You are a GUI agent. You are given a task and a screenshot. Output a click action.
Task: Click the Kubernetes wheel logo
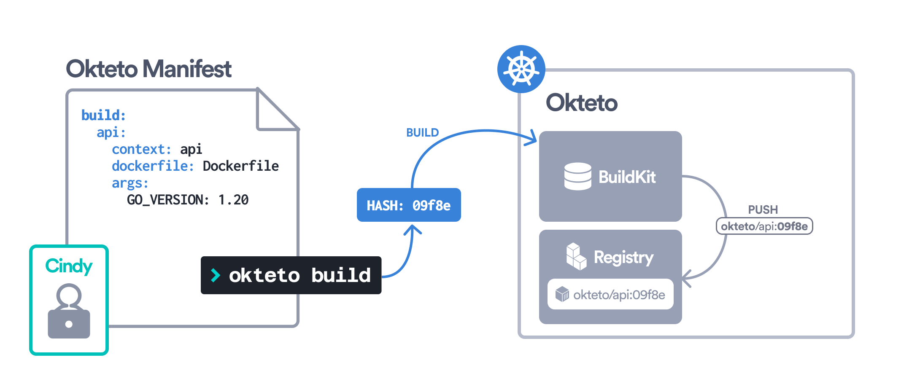tap(521, 69)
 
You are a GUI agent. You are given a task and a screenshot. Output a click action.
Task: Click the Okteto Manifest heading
tap(148, 69)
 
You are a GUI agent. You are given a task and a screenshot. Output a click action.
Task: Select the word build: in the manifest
tap(103, 115)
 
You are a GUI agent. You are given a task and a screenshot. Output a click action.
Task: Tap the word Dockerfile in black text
tap(240, 166)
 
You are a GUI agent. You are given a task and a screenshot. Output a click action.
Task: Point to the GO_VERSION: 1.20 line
tap(188, 200)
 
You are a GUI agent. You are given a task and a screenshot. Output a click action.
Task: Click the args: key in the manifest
tap(130, 183)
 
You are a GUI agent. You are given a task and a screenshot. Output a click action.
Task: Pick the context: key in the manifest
tap(141, 149)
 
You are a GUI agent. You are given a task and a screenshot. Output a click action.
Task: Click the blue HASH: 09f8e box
tap(408, 205)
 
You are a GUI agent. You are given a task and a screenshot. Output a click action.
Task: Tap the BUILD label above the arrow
tap(422, 133)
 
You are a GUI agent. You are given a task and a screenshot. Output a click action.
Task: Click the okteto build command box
tap(291, 275)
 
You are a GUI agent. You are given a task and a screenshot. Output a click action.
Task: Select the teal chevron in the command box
tap(216, 275)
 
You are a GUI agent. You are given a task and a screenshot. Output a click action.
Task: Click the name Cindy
tap(69, 266)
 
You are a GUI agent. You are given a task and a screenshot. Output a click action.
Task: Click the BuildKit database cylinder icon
tap(577, 177)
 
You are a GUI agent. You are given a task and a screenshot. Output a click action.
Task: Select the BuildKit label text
tap(627, 177)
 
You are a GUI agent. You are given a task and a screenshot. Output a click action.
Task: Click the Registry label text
tap(623, 257)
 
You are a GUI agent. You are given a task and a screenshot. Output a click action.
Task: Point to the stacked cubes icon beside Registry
tap(576, 256)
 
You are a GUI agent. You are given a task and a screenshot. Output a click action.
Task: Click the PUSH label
tap(763, 209)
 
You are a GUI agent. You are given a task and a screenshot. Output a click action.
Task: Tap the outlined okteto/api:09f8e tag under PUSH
tap(764, 226)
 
